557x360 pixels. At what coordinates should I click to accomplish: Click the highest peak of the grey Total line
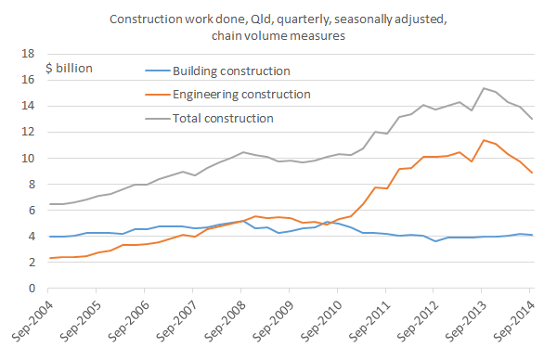[x=483, y=88]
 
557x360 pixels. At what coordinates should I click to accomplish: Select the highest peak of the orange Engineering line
[x=483, y=140]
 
